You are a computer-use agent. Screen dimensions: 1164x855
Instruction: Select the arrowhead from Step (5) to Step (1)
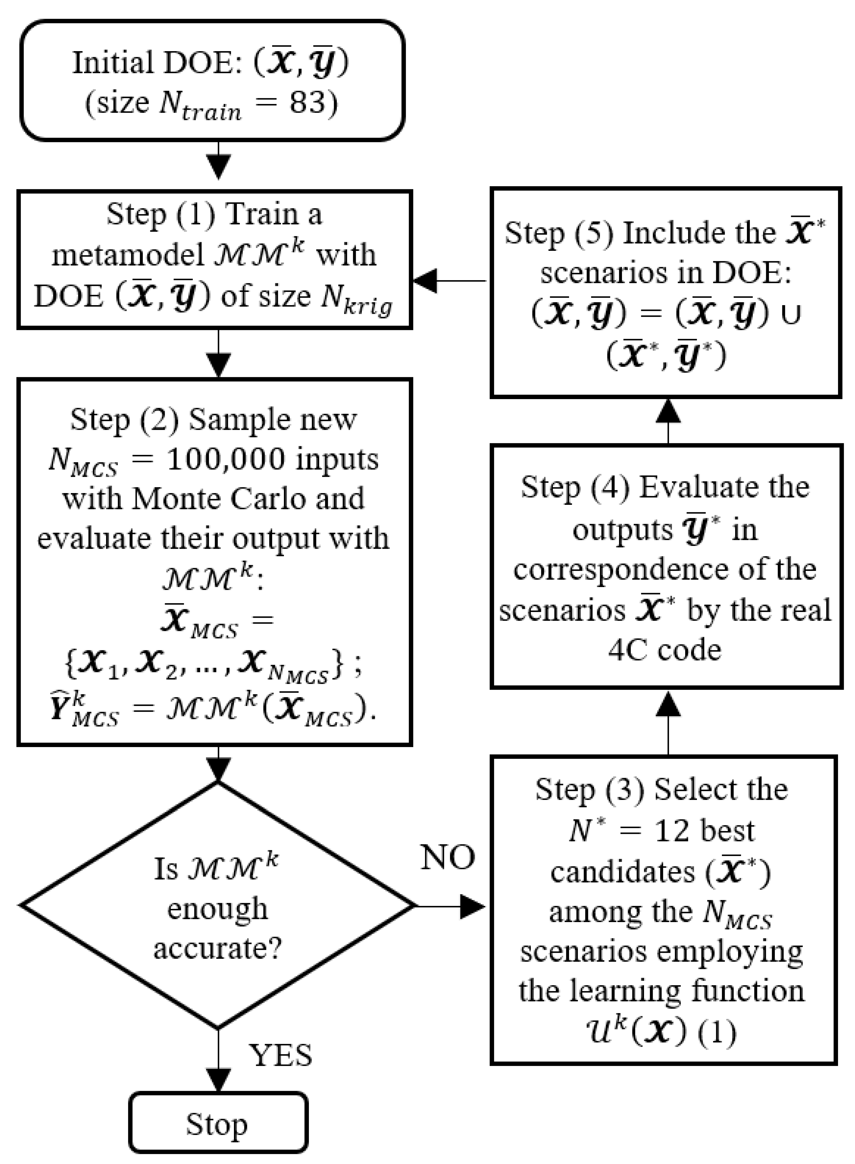click(x=425, y=281)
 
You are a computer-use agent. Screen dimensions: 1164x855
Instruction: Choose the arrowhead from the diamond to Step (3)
click(x=472, y=906)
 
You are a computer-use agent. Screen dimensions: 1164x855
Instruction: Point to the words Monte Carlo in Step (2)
click(x=248, y=499)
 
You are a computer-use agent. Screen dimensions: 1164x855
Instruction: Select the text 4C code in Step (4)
click(x=664, y=650)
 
